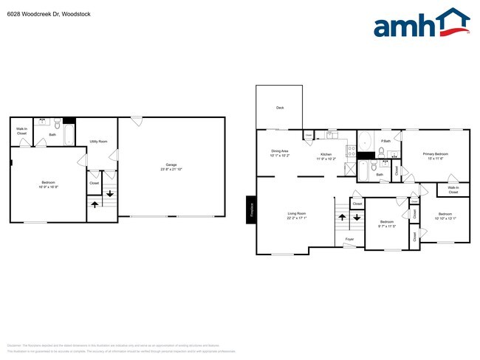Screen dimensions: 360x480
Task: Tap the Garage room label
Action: (x=171, y=167)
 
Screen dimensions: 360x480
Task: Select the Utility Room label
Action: (x=98, y=141)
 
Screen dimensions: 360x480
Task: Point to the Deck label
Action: (x=280, y=108)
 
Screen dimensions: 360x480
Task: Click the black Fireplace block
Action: (x=250, y=210)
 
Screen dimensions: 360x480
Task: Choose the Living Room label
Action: (x=297, y=216)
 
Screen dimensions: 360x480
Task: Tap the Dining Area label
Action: (x=280, y=153)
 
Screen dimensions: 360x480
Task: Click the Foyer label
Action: (x=349, y=239)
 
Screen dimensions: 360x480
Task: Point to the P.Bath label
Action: (x=385, y=140)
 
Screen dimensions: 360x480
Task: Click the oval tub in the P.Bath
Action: (x=365, y=140)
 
